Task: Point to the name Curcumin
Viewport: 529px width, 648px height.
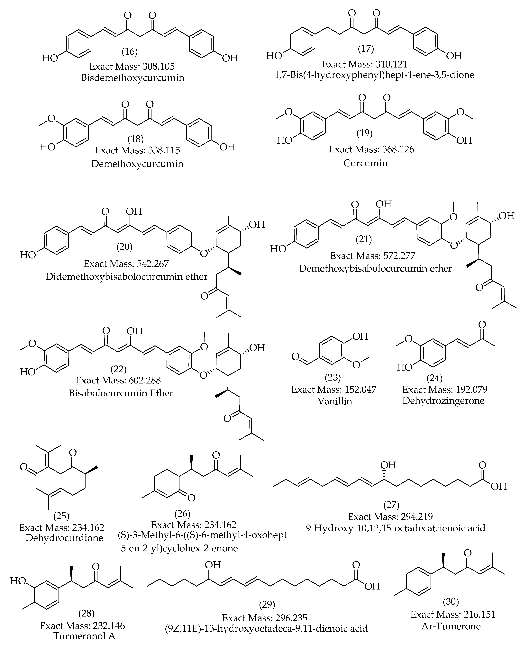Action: (365, 163)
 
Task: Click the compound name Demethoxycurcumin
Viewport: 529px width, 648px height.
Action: (137, 164)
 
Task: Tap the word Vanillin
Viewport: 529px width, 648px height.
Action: (335, 401)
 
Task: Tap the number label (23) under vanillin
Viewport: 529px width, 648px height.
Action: (333, 378)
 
